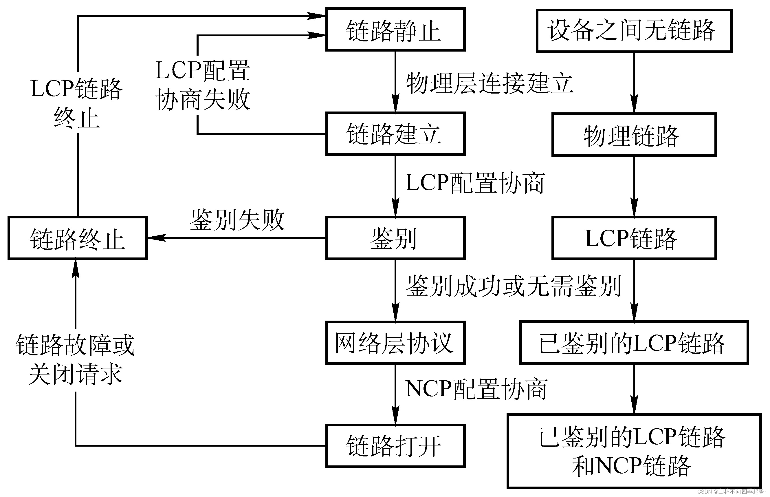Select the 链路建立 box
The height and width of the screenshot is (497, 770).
pos(395,134)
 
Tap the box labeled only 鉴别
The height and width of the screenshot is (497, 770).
pos(395,238)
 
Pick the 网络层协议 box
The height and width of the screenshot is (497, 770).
pos(395,343)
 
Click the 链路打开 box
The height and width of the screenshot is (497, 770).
pos(395,446)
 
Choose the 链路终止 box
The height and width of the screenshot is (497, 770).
pos(77,238)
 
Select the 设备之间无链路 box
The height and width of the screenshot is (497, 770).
pos(634,31)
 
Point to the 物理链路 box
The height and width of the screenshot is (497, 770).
pos(634,135)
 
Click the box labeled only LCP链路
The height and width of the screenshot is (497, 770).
pos(634,238)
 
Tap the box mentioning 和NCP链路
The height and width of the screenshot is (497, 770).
pos(634,451)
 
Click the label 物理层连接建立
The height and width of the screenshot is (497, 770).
pos(489,83)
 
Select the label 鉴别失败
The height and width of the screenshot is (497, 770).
pos(237,220)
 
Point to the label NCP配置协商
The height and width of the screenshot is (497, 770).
pos(476,389)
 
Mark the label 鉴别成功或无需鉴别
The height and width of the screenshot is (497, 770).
pos(513,286)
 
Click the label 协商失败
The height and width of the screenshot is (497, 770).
pos(203,99)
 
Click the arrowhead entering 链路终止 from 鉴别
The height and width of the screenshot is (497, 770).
pos(156,238)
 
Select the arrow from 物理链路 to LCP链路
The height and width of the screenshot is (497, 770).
pos(634,187)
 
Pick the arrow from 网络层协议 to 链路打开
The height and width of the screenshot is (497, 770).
pos(395,394)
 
